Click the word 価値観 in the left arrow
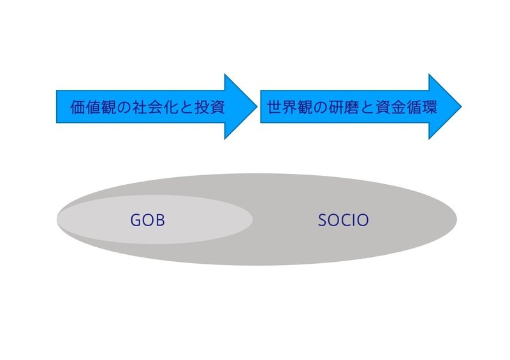coord(93,107)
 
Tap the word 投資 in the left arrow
coord(210,107)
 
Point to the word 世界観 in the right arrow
coord(290,107)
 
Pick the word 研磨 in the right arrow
coord(344,107)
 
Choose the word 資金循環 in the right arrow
coord(406,107)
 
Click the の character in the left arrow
coord(124,108)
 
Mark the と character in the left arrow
coord(186,108)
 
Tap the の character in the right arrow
coord(321,108)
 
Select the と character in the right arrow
coord(367,108)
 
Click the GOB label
coord(147,220)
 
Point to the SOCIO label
coord(343,220)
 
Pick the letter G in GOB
coord(136,220)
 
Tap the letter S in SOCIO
coord(323,220)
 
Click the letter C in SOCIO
coord(347,220)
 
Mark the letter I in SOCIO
coord(354,220)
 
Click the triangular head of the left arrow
coord(237,106)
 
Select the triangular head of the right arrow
coord(442,106)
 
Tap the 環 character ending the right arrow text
coord(429,107)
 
